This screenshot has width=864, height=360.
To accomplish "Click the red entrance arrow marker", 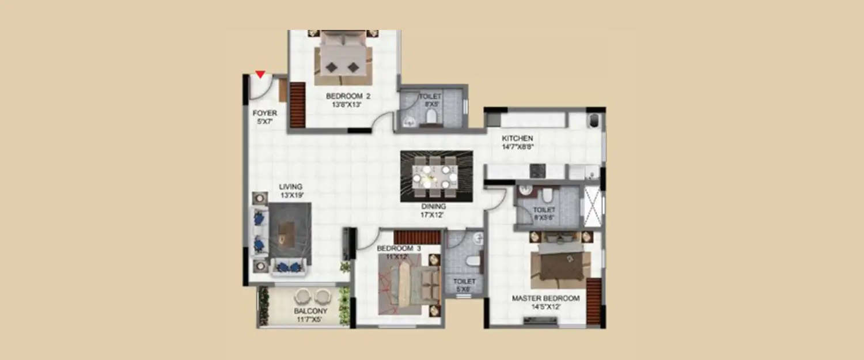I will coord(260,74).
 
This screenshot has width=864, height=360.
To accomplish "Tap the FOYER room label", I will coord(264,118).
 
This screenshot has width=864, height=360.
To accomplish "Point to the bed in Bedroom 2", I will coord(343,58).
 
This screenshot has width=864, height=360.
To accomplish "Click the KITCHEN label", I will coord(517,142).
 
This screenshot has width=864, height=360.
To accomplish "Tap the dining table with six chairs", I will coord(437,176).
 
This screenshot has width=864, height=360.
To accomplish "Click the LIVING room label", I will coord(291,191).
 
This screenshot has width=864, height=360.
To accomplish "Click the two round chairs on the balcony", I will coord(313,297).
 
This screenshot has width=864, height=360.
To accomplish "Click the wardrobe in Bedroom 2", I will coord(297,105).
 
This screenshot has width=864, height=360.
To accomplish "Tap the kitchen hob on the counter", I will coord(537,170).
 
